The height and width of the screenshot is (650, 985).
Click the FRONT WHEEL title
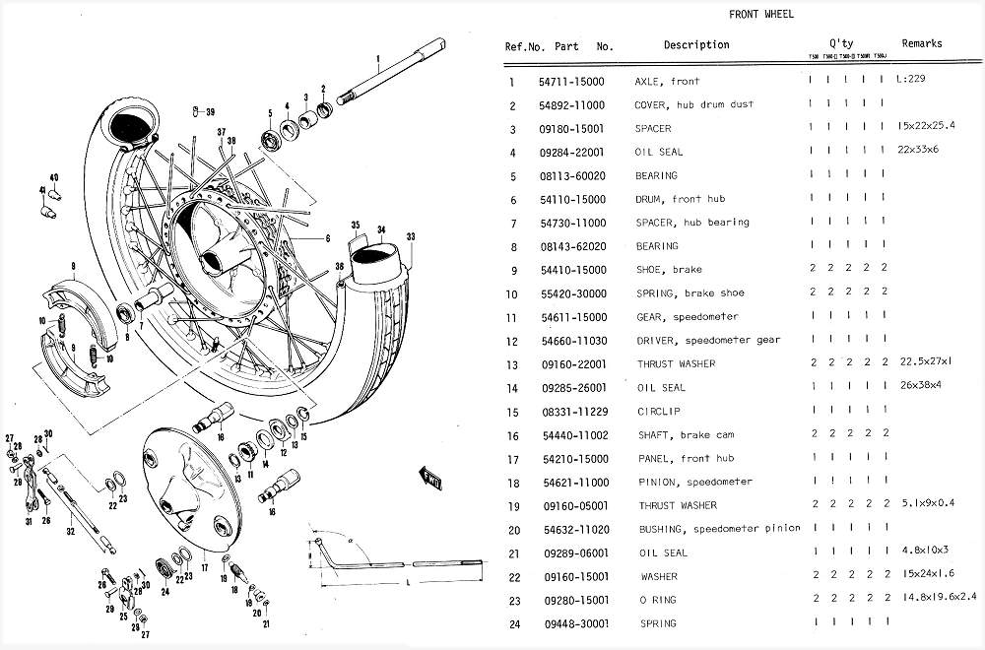[760, 14]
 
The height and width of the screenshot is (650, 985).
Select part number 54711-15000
[571, 81]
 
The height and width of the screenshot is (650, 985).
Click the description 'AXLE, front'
[667, 81]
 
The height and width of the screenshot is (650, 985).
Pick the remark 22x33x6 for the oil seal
[918, 151]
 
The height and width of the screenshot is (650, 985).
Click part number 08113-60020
[571, 175]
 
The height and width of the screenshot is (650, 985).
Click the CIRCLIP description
[658, 411]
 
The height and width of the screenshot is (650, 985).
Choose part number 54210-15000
[571, 458]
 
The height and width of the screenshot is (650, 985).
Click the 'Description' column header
[695, 44]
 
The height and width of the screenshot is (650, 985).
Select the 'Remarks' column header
[921, 43]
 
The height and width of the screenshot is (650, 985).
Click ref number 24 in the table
[512, 623]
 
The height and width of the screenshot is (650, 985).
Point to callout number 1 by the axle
[377, 58]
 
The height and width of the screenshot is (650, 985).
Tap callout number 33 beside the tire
[410, 236]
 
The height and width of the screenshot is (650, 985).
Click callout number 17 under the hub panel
[203, 568]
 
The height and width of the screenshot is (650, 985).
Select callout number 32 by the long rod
[71, 532]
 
